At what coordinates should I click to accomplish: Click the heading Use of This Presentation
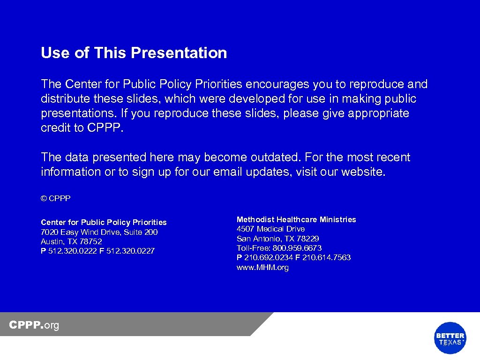134,53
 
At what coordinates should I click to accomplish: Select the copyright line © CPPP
55,199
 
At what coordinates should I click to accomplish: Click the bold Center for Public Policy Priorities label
104,222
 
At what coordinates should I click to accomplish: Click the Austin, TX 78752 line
71,241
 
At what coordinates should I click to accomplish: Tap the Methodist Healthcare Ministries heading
296,219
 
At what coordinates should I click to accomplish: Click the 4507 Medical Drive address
270,229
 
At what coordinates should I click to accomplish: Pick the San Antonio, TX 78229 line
277,239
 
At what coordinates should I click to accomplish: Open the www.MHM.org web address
262,268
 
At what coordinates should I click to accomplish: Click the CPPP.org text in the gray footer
34,325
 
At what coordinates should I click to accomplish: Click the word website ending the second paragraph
362,172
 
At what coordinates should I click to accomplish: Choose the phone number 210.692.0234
269,257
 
